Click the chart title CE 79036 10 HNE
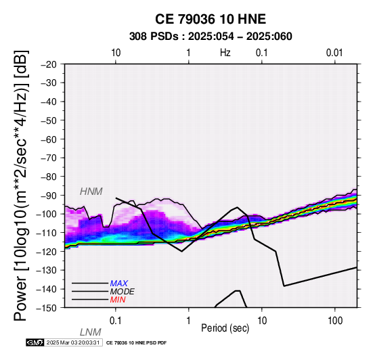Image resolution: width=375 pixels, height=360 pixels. click(x=211, y=19)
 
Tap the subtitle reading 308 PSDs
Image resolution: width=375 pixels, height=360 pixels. click(x=154, y=37)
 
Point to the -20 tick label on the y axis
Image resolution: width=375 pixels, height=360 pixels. click(x=49, y=64)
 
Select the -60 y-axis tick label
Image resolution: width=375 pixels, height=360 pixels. click(x=49, y=139)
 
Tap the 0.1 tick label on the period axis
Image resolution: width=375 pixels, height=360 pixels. click(x=116, y=321)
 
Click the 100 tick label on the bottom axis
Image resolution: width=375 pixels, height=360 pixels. click(x=335, y=321)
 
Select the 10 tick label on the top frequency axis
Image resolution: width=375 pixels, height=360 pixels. click(x=116, y=53)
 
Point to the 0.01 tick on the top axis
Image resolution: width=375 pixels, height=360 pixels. click(x=334, y=53)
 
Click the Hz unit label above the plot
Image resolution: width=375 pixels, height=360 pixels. click(x=225, y=53)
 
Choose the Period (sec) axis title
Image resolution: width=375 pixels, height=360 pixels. click(x=225, y=328)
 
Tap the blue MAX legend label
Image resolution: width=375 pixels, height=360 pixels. click(x=119, y=284)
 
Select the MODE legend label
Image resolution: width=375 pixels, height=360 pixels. click(x=123, y=292)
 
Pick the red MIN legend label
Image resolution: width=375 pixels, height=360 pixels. click(x=118, y=300)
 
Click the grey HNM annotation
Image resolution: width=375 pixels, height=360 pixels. click(x=91, y=192)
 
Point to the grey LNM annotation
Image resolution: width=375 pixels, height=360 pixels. click(x=91, y=332)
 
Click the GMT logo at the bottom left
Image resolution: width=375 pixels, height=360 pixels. click(x=35, y=342)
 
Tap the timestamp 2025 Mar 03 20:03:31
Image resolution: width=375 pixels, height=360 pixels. click(x=73, y=342)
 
